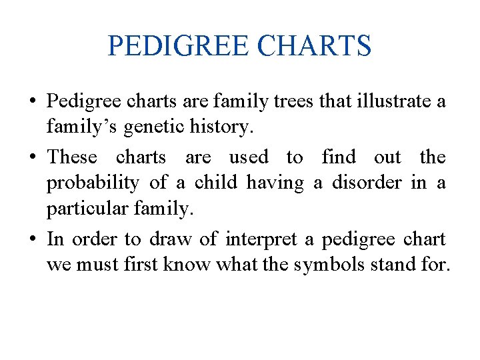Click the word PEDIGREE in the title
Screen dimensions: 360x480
177,46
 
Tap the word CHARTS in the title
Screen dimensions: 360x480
313,46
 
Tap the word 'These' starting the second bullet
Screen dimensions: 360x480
72,157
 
